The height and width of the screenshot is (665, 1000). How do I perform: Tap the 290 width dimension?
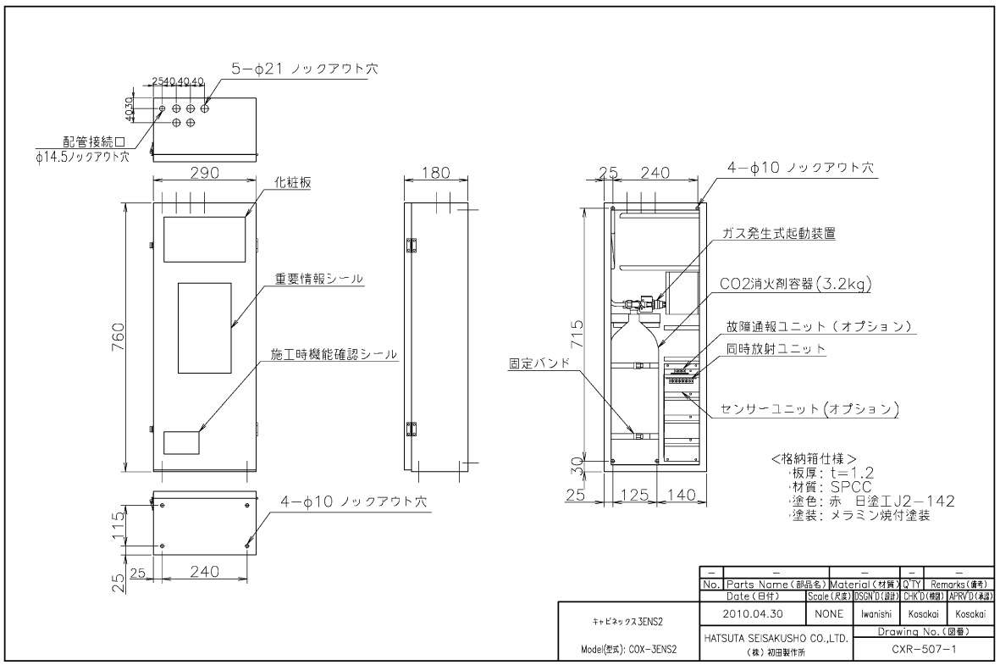pos(204,172)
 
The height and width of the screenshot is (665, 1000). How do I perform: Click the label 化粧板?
pos(292,183)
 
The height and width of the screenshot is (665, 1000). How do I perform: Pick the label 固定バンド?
pos(536,364)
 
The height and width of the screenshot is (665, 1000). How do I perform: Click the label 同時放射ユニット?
pos(777,349)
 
